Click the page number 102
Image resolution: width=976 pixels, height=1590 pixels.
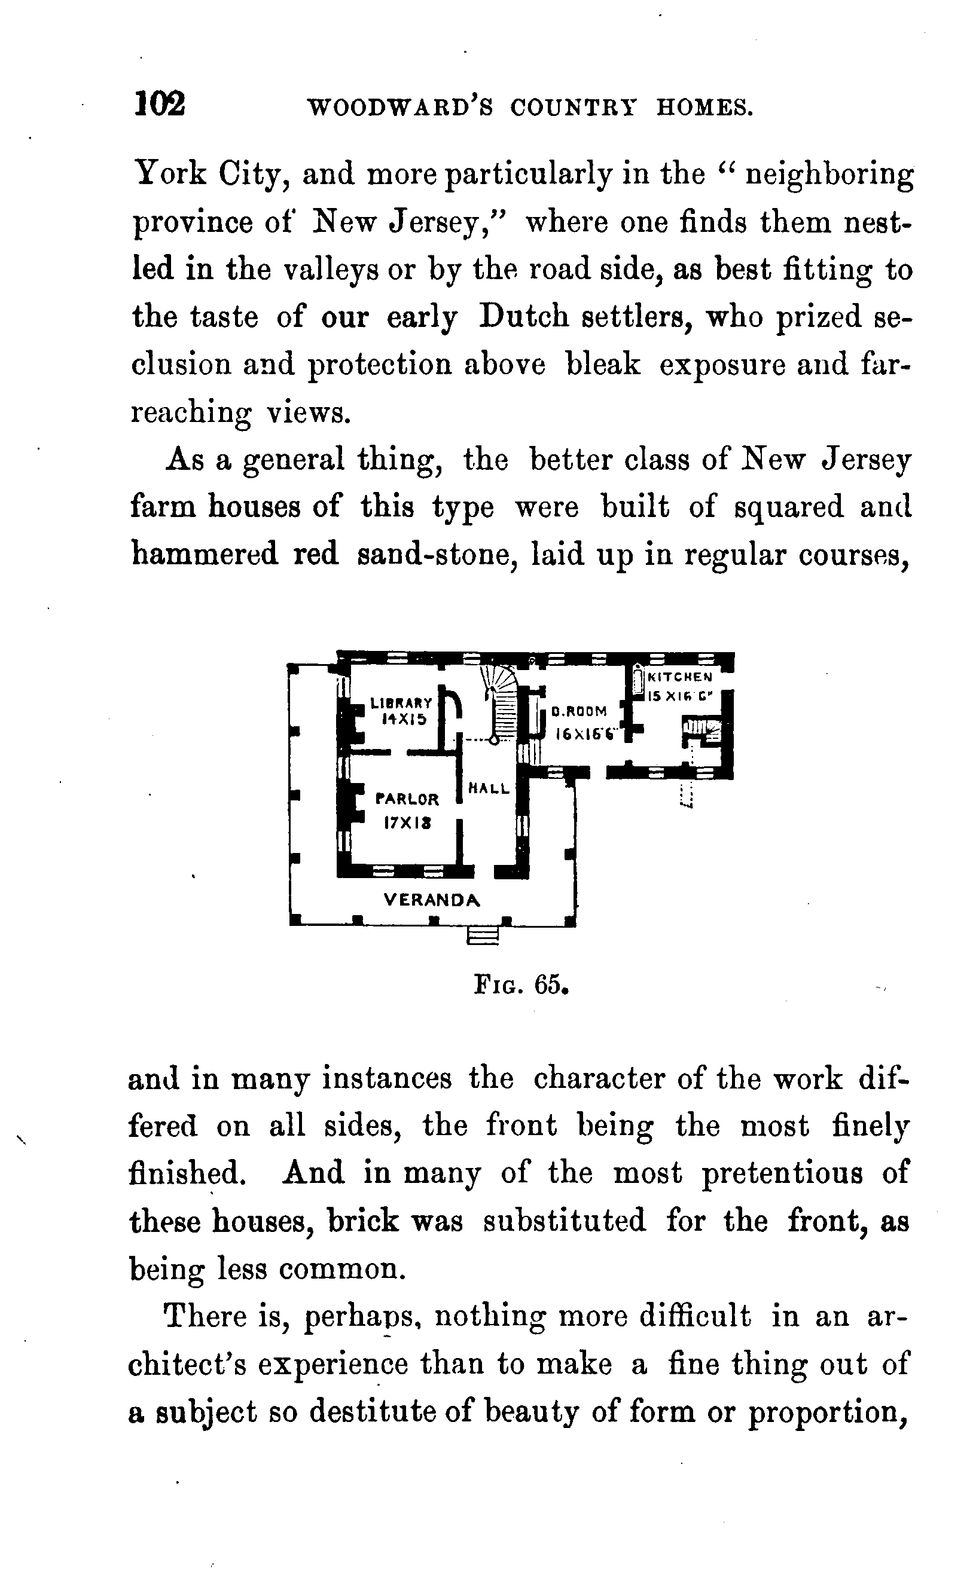pyautogui.click(x=160, y=103)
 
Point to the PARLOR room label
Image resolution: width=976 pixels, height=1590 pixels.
pyautogui.click(x=407, y=799)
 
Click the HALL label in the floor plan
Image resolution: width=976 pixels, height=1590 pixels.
pyautogui.click(x=489, y=788)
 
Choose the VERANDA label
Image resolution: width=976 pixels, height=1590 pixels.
pyautogui.click(x=432, y=900)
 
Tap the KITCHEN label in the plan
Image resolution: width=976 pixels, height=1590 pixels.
pyautogui.click(x=680, y=677)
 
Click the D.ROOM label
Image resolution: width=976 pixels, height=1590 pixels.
pyautogui.click(x=579, y=712)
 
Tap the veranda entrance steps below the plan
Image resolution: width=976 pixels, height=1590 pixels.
pyautogui.click(x=483, y=935)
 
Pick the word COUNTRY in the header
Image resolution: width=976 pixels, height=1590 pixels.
pyautogui.click(x=573, y=107)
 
